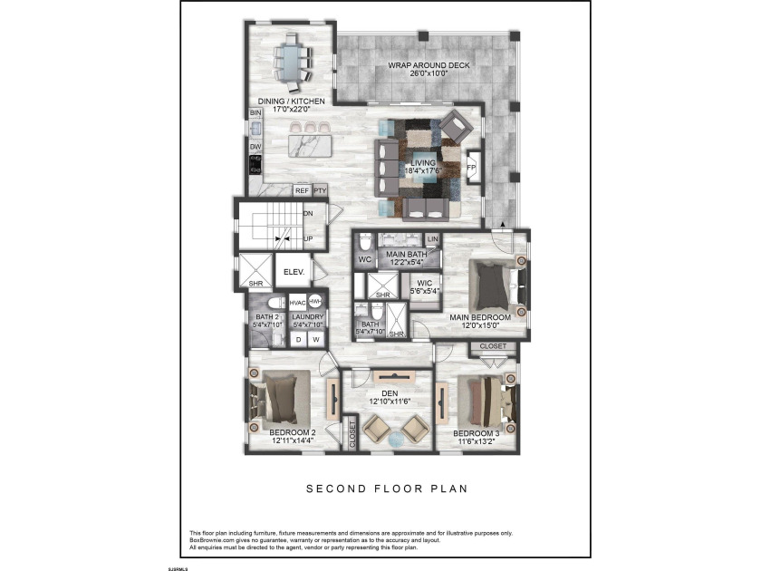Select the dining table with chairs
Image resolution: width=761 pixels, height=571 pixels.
point(293,60)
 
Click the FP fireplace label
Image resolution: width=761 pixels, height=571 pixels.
point(471,169)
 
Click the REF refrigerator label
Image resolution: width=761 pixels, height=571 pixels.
point(302,191)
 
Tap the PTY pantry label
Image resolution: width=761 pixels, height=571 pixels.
point(319,191)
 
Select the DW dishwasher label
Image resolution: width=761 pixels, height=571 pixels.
point(255,146)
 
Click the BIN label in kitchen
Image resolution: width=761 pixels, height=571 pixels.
point(255,112)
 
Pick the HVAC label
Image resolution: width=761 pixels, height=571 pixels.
point(297,302)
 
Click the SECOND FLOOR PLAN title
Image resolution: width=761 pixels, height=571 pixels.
point(386,489)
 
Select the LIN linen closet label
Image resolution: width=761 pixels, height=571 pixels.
point(432,239)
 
